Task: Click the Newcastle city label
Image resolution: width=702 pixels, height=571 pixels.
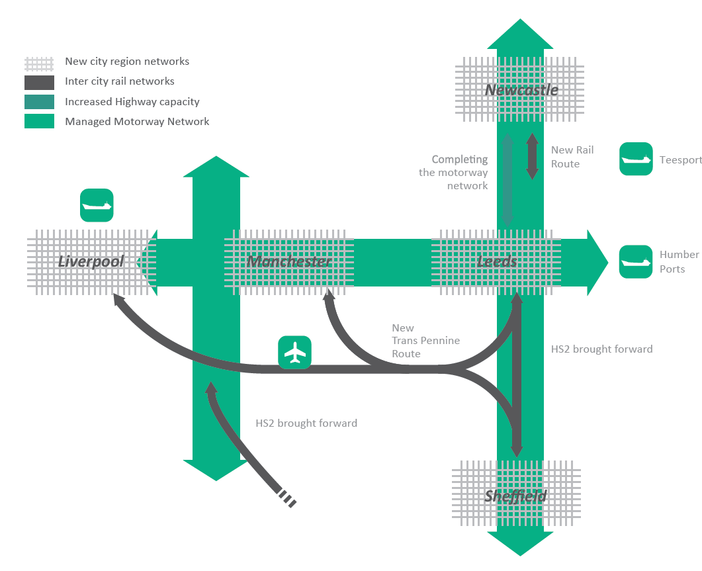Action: pyautogui.click(x=521, y=89)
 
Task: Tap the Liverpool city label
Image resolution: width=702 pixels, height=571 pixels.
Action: pyautogui.click(x=91, y=261)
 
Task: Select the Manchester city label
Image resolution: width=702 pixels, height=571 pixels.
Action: pyautogui.click(x=288, y=261)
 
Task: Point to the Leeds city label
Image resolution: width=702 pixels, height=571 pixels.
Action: pyautogui.click(x=496, y=261)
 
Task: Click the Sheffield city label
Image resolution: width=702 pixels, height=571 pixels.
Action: pyautogui.click(x=516, y=496)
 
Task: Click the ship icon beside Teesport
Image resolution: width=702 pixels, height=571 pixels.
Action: pyautogui.click(x=636, y=159)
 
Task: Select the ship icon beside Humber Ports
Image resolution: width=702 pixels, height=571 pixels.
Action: pyautogui.click(x=636, y=261)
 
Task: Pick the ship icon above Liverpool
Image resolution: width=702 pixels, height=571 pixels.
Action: pyautogui.click(x=97, y=205)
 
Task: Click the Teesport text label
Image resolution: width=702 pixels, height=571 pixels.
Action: pyautogui.click(x=680, y=160)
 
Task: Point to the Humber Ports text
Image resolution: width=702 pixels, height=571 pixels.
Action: pyautogui.click(x=679, y=262)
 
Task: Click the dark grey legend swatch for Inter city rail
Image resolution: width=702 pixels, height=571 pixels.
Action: pyautogui.click(x=39, y=82)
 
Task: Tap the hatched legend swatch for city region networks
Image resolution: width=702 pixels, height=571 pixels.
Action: pyautogui.click(x=39, y=63)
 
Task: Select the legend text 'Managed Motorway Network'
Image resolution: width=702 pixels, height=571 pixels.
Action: pyautogui.click(x=137, y=122)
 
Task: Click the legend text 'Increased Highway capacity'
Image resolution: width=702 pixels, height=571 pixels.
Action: pyautogui.click(x=132, y=102)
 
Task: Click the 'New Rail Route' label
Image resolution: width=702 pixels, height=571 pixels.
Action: pyautogui.click(x=572, y=157)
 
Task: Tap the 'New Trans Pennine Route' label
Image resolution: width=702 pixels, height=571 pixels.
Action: pyautogui.click(x=425, y=341)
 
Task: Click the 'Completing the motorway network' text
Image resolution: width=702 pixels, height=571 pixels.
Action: pyautogui.click(x=454, y=173)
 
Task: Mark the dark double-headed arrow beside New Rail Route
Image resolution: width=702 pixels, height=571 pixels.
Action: pyautogui.click(x=532, y=157)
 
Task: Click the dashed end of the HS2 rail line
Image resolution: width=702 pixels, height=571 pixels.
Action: pyautogui.click(x=288, y=498)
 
